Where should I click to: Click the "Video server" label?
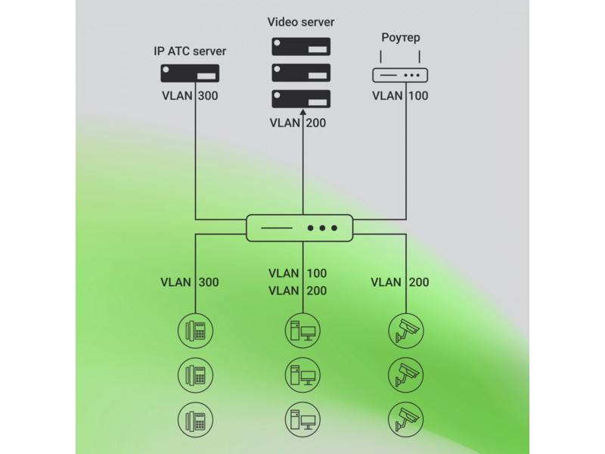[301, 22]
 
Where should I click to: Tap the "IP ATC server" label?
[190, 51]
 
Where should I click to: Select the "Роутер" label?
[401, 37]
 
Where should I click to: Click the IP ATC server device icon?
[190, 73]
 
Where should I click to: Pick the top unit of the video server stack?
[301, 47]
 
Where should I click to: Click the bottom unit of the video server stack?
[301, 99]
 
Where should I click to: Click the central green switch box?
[299, 229]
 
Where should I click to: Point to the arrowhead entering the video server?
[303, 112]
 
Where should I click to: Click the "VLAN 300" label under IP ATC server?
[190, 96]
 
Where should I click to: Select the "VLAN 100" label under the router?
[400, 96]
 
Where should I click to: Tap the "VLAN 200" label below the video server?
[297, 123]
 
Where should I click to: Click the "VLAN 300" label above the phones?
[190, 282]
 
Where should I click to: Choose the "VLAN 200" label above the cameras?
[400, 282]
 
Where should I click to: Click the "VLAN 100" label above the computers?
[297, 273]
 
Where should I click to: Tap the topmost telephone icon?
[196, 331]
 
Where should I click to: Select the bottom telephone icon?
[196, 420]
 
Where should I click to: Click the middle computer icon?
[303, 375]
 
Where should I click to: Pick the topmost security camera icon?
[406, 331]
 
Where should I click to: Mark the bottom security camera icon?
[406, 420]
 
